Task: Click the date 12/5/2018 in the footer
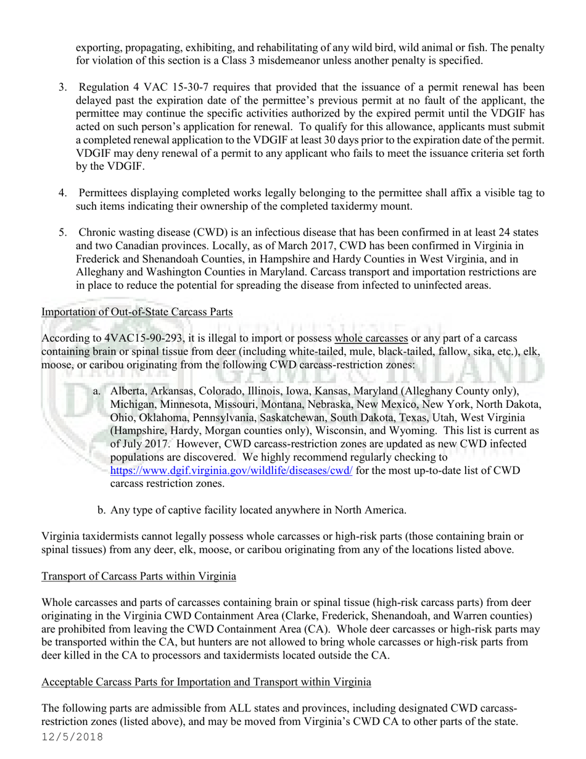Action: point(72,737)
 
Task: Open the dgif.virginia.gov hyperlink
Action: point(231,471)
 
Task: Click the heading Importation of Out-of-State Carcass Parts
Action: point(137,312)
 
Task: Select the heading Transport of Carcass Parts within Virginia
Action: point(139,576)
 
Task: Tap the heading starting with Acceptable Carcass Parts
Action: point(206,682)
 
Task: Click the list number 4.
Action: point(62,193)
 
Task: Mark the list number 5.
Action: point(62,233)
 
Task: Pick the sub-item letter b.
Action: point(101,510)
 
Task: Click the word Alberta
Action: point(130,392)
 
